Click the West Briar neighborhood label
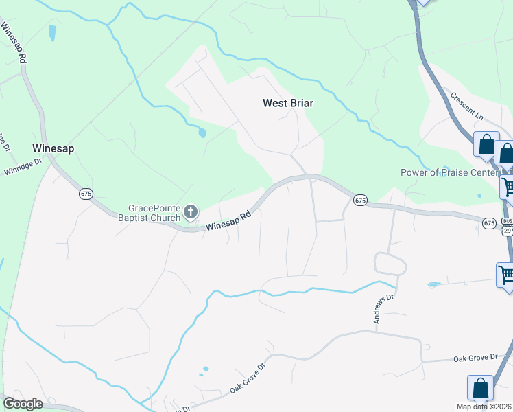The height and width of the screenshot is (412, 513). click(x=287, y=103)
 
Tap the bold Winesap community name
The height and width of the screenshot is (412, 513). click(x=53, y=148)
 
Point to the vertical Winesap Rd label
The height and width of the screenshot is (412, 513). click(x=14, y=43)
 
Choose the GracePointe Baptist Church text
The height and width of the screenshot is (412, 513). click(x=154, y=213)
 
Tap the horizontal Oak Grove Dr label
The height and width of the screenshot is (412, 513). click(x=475, y=358)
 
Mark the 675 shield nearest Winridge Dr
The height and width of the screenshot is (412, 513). click(x=86, y=194)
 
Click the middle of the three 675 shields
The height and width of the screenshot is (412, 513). click(x=361, y=200)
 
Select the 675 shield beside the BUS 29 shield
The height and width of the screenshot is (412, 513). click(x=489, y=223)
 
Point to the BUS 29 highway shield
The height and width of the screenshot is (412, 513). click(x=508, y=227)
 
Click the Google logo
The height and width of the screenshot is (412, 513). click(x=23, y=404)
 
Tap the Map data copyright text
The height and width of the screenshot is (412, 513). click(x=484, y=407)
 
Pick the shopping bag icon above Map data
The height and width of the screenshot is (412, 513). click(x=480, y=388)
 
